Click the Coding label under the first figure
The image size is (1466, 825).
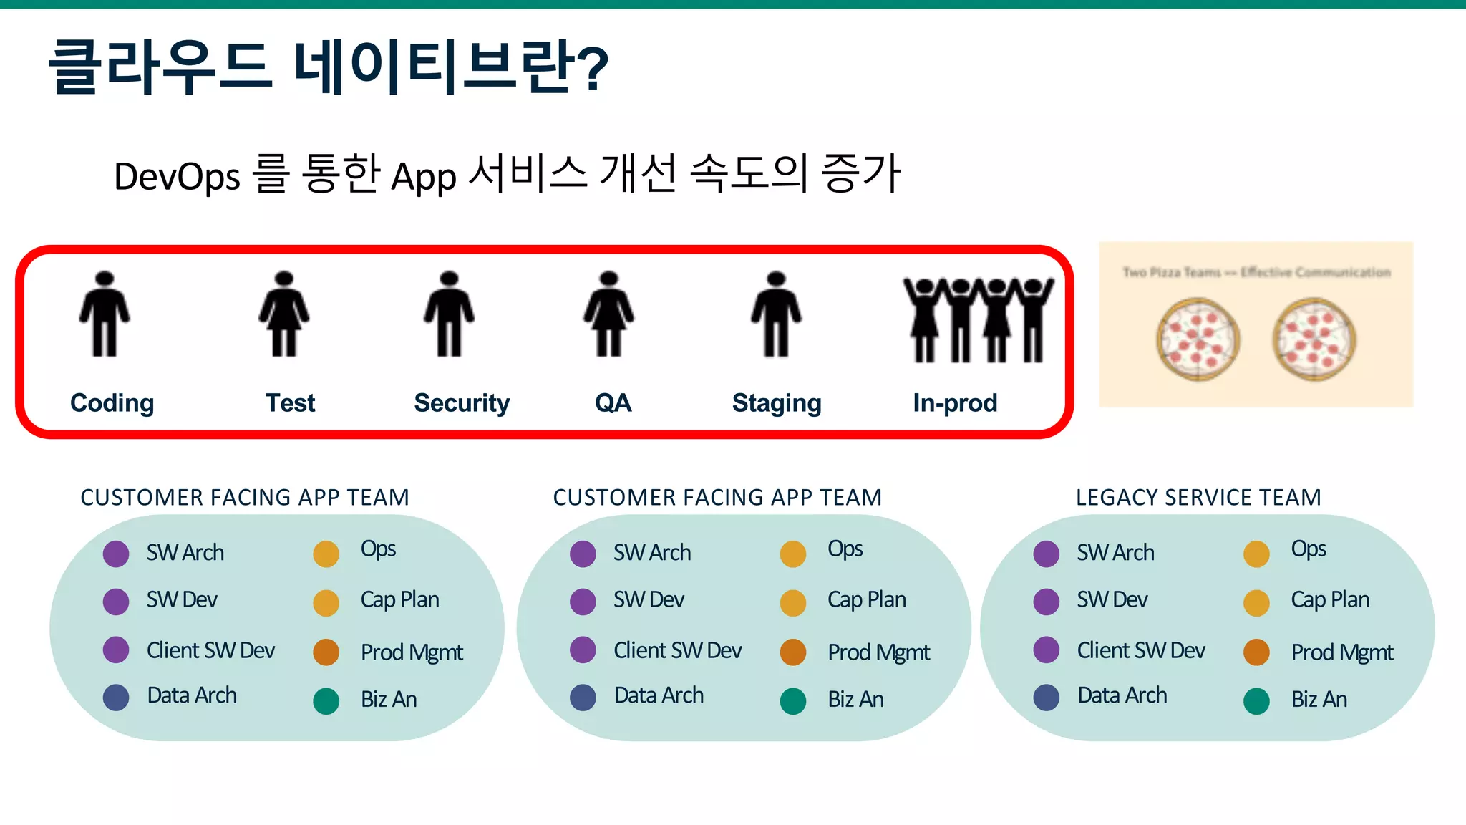point(112,403)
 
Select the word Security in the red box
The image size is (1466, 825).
point(462,403)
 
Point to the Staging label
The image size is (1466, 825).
point(777,403)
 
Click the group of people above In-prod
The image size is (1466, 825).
point(978,319)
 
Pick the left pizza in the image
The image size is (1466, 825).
point(1198,339)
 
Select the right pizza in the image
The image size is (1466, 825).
point(1314,339)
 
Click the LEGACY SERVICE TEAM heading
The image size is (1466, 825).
point(1198,497)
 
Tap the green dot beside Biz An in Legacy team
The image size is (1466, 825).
point(1256,701)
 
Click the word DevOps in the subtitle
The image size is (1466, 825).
point(177,177)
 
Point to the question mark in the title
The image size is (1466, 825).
point(592,68)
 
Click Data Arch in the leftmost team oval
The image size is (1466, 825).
point(192,695)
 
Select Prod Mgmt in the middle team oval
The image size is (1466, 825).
point(878,652)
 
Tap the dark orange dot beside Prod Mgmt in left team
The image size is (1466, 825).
point(326,652)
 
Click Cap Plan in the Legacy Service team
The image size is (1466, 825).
point(1330,600)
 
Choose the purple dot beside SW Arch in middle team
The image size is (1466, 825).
point(583,554)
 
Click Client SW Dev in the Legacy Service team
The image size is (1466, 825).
point(1141,650)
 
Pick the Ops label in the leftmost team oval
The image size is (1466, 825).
point(378,549)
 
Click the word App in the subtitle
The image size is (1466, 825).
point(424,177)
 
